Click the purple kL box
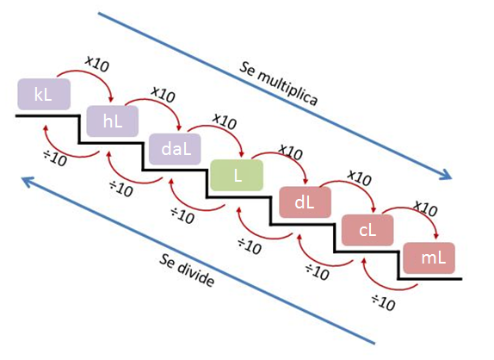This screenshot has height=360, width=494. tap(44, 94)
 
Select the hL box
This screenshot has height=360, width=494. tap(113, 121)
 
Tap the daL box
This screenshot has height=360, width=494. tap(175, 149)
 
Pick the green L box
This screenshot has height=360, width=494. tap(237, 175)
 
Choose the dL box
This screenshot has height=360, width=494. tap(306, 202)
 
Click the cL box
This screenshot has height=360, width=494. tap(367, 230)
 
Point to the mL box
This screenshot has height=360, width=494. tap(429, 258)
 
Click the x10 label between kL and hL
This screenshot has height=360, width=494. tap(97, 65)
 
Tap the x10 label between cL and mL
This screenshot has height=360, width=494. tap(425, 208)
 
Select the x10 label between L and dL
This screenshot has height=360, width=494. tap(291, 152)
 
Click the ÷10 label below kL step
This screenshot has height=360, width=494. tap(55, 158)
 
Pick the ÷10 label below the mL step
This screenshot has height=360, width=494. tap(383, 302)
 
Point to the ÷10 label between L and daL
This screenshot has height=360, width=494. tap(182, 215)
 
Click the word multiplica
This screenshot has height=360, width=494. tap(288, 89)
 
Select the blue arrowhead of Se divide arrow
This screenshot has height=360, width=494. tap(27, 181)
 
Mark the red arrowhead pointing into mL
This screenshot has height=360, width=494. tap(436, 235)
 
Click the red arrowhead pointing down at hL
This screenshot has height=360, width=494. tap(110, 98)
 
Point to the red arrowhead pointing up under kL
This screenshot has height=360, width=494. tap(46, 128)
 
